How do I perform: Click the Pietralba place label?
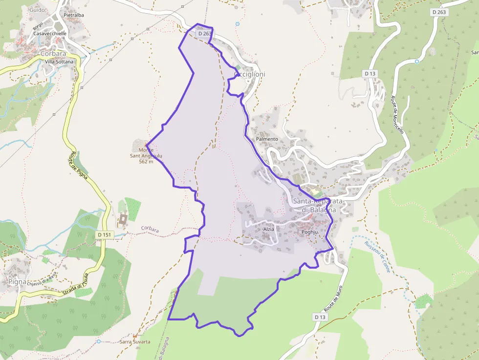(74, 15)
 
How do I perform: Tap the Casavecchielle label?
(50, 34)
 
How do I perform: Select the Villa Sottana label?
(59, 62)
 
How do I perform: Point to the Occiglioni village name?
(250, 74)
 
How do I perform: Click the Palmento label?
(267, 139)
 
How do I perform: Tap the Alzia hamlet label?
(269, 229)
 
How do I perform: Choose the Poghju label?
(310, 233)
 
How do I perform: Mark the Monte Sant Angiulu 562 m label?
(146, 156)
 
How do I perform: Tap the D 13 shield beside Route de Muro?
(320, 317)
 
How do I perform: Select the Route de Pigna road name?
(78, 165)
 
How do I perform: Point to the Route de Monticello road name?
(397, 115)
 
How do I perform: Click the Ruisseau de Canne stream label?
(378, 256)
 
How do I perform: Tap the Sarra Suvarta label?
(135, 342)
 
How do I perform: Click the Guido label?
(37, 10)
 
